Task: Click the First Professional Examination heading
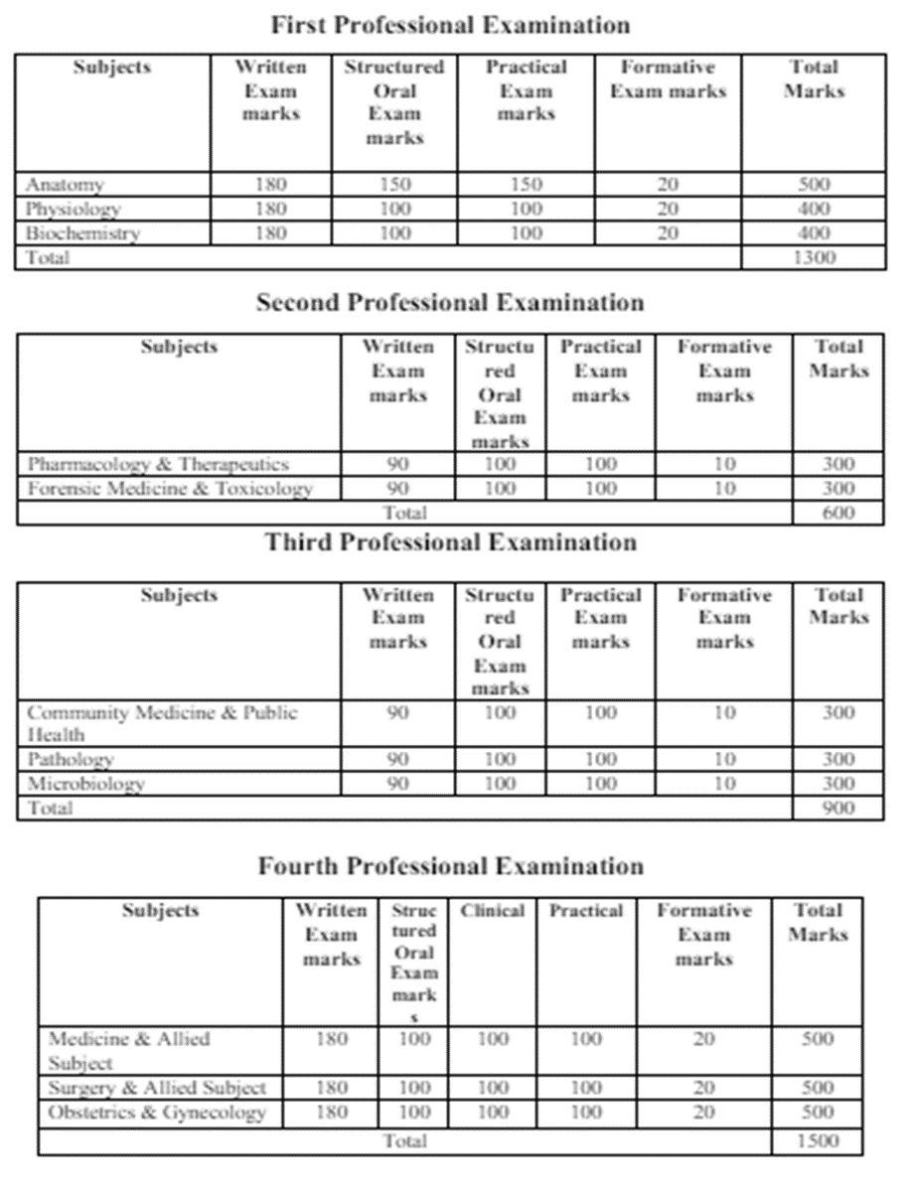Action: pos(450,24)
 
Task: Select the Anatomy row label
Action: pos(65,185)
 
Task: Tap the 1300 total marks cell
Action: pos(814,258)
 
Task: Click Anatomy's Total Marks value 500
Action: pos(814,185)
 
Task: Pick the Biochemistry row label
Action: pos(82,233)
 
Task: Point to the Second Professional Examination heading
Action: pos(450,303)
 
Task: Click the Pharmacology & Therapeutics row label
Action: pos(158,464)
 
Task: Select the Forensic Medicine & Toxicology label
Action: pos(170,489)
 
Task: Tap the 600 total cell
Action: pos(838,513)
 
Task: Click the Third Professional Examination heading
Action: pos(450,542)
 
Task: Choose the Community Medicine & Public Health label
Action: pos(162,723)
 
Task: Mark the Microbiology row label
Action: pos(85,783)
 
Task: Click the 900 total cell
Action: pos(838,808)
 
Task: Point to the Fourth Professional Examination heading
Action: pos(450,866)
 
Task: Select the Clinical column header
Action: pos(492,911)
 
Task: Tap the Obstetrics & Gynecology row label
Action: pos(157,1113)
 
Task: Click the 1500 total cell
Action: pos(818,1140)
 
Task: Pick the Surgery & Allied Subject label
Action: pos(157,1088)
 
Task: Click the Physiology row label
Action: pos(74,210)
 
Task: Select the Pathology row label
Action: pos(71,759)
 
